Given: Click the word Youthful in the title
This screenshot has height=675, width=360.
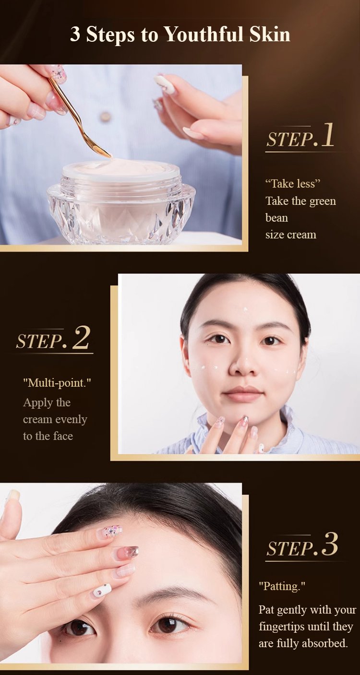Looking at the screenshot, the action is click(x=205, y=34).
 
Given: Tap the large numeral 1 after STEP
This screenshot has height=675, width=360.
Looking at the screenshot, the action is click(x=327, y=135).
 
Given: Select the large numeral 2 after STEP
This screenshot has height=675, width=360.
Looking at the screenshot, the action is click(x=81, y=338).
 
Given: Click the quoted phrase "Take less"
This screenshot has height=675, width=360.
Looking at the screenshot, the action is click(x=292, y=183).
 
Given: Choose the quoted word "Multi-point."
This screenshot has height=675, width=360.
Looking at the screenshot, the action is click(x=57, y=383).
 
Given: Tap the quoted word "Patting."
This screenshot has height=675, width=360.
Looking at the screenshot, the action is click(x=282, y=586).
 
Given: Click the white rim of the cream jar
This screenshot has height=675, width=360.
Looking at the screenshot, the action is click(x=121, y=171).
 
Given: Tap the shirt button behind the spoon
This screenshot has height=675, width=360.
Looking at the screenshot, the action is click(x=105, y=116).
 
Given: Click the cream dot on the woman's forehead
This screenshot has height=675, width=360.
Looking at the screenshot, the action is click(x=245, y=309).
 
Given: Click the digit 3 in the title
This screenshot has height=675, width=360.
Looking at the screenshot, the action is click(x=75, y=35).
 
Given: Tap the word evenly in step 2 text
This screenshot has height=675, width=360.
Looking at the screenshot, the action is click(x=71, y=420).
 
